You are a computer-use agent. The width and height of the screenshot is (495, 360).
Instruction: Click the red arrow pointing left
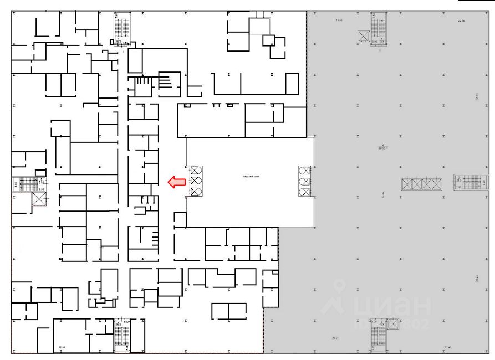176,182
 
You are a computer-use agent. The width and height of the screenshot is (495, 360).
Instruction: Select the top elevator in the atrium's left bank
196,171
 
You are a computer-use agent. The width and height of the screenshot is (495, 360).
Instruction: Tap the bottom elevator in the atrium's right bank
305,192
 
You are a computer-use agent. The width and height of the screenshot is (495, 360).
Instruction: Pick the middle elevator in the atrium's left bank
196,181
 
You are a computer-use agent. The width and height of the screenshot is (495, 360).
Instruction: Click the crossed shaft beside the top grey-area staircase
363,37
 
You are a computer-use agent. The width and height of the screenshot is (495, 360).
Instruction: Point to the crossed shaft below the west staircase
39,199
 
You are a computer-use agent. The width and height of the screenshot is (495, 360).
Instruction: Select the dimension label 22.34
461,20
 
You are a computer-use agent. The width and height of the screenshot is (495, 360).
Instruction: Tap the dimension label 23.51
335,337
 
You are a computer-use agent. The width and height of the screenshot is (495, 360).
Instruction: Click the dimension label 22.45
448,347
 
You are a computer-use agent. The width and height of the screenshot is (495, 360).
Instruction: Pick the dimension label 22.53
60,348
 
